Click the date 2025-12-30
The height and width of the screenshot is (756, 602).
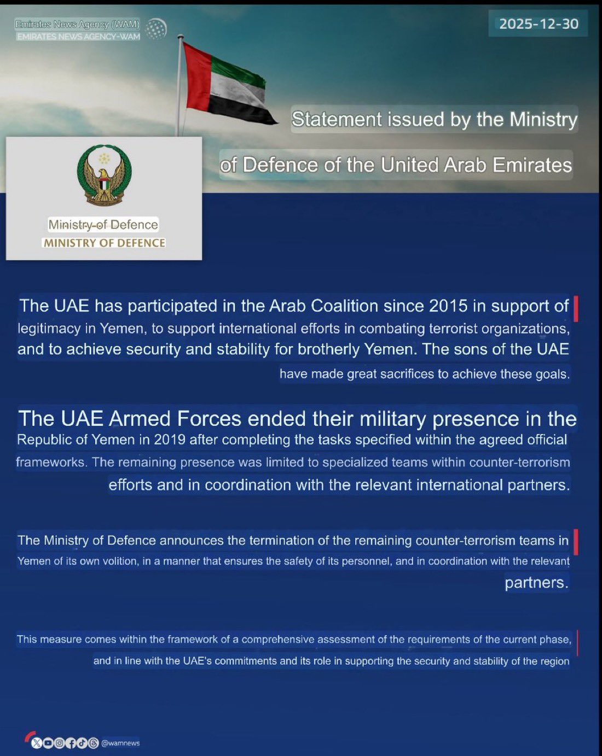point(539,24)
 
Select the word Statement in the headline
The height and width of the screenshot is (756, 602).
point(337,119)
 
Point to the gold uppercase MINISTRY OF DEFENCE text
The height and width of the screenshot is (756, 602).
point(105,243)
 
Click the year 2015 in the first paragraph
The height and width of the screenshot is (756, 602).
point(448,306)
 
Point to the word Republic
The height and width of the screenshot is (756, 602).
point(44,440)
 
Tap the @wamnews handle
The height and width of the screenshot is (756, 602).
point(120,743)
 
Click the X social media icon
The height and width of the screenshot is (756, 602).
point(37,743)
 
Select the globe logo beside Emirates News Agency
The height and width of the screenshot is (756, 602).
point(157,29)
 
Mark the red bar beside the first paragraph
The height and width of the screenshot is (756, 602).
point(576,309)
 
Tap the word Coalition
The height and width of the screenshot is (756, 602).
point(344,306)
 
